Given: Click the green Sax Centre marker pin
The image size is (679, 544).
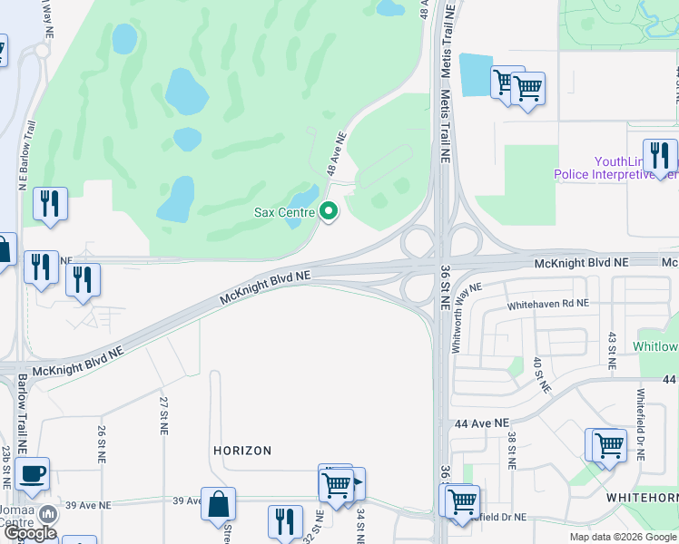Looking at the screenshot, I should click(329, 212).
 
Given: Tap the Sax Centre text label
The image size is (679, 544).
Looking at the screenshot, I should click(284, 213).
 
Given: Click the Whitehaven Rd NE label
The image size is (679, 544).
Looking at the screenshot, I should click(547, 305).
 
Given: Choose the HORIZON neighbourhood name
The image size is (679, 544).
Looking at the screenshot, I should click(242, 451).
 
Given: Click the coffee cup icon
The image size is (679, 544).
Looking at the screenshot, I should click(33, 472).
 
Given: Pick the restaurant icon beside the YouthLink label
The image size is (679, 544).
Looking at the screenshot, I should click(659, 155).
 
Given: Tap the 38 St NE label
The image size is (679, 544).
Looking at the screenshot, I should click(512, 449).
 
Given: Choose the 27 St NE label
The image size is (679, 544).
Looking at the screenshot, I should click(164, 413).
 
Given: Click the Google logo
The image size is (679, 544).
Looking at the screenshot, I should click(31, 533).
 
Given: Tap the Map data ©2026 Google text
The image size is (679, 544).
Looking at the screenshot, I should click(622, 537).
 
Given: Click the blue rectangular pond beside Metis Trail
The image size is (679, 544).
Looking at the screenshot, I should click(475, 74).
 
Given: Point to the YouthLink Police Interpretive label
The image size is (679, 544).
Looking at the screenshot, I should click(616, 168).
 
